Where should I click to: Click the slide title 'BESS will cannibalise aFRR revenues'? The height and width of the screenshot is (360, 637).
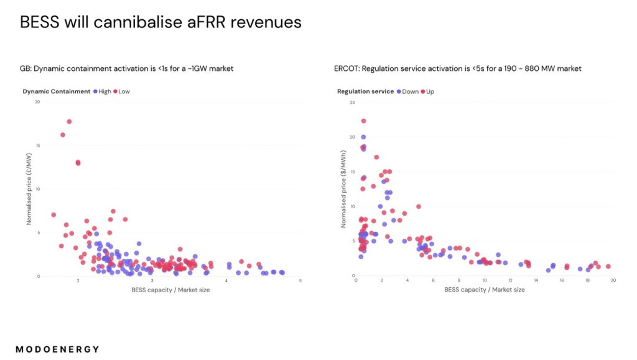[160, 22]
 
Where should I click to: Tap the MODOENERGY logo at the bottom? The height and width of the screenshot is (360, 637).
[57, 349]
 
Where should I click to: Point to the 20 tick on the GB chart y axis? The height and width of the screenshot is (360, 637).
[37, 102]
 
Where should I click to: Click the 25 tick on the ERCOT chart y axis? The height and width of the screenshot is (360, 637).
[352, 102]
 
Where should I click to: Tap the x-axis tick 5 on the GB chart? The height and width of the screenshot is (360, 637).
[300, 281]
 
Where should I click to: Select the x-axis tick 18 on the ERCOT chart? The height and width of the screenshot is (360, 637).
[587, 280]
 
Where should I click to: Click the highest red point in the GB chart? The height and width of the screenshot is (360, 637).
[69, 121]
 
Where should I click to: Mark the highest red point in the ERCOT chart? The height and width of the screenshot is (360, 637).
[363, 121]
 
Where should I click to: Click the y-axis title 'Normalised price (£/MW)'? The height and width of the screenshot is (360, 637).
[29, 190]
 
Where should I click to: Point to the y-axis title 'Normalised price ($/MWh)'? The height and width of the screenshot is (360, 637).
[343, 190]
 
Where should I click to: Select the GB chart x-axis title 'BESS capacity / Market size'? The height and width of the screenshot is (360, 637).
[170, 290]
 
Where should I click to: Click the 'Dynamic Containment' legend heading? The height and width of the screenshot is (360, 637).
[56, 91]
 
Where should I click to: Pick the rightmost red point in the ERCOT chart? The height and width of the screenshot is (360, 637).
[608, 266]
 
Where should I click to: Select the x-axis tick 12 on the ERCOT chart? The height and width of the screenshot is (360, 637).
[510, 280]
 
